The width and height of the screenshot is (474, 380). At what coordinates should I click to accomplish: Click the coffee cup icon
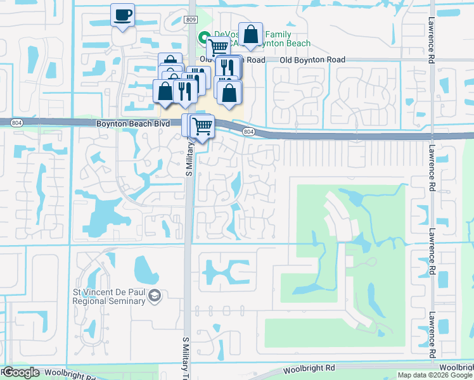122,13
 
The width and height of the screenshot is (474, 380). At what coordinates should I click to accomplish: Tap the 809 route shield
192,20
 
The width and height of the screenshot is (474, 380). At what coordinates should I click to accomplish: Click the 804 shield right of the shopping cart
249,132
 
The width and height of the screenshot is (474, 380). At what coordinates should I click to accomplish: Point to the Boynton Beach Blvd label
132,124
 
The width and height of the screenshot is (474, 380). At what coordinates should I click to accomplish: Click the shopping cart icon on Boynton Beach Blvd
202,125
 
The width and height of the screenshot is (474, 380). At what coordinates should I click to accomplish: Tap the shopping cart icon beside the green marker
218,46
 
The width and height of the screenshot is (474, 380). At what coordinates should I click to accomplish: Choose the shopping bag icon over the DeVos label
251,34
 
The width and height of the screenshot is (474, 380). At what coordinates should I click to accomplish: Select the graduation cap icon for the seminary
154,296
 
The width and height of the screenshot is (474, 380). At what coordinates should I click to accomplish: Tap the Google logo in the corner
20,372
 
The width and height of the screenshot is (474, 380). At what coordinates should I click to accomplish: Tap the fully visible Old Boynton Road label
314,60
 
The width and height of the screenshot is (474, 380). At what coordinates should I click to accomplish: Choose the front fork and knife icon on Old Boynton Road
227,67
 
